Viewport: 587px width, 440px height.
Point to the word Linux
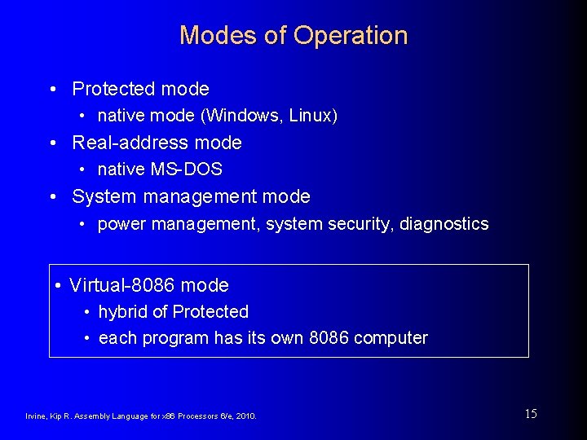click(313, 116)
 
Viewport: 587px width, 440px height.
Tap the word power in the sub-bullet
click(119, 224)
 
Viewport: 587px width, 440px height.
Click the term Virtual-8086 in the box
click(122, 285)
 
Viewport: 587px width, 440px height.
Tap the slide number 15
click(531, 414)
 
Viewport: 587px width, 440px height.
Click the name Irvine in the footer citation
click(36, 416)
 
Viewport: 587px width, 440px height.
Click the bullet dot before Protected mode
click(52, 89)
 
